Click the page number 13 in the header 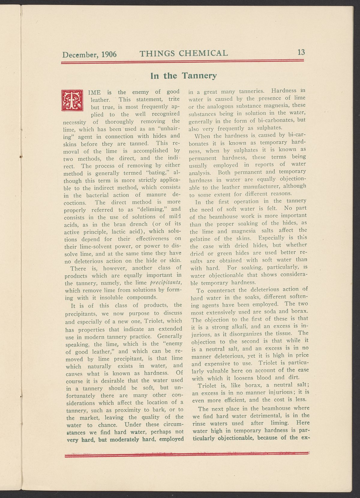pyautogui.click(x=301, y=52)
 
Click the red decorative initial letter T pyautogui.click(x=72, y=100)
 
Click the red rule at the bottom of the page pyautogui.click(x=186, y=456)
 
